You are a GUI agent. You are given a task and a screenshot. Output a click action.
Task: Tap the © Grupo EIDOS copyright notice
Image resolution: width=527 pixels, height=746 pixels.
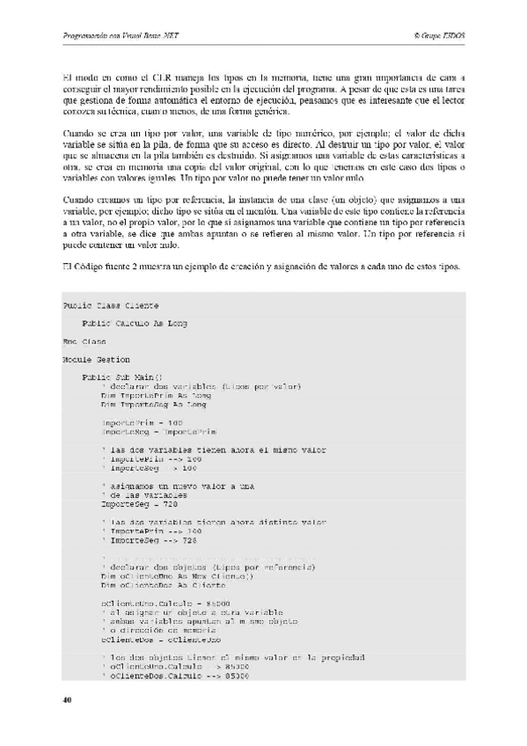(x=438, y=35)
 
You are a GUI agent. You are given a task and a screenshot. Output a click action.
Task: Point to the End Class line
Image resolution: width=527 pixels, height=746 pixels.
(x=84, y=341)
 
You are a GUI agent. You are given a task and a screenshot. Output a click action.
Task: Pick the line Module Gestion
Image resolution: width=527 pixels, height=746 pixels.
(x=96, y=359)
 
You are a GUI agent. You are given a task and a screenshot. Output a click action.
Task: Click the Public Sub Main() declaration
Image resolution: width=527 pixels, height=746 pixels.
(x=128, y=377)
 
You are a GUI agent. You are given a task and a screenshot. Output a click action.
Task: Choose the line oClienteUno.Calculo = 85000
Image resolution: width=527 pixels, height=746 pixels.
(x=164, y=603)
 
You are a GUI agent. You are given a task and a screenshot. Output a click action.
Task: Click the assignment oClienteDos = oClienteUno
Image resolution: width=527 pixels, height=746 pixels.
(x=160, y=640)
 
